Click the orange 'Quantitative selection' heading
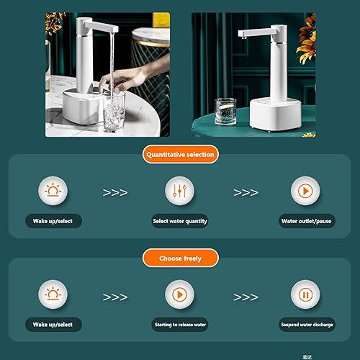180,154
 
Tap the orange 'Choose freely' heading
180,257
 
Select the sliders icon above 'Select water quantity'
179,192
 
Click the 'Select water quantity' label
179,221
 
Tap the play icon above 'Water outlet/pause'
305,192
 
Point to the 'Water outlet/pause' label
305,221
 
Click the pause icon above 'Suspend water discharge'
305,295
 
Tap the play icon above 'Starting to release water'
179,295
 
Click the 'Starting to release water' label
179,325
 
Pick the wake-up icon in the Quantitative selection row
53,192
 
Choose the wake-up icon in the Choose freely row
53,295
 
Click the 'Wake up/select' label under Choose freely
53,325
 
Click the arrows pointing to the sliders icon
116,193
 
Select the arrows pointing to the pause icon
246,296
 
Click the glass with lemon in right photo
226,112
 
